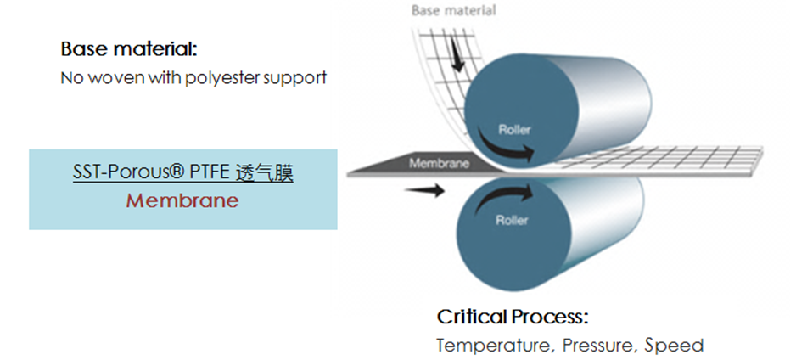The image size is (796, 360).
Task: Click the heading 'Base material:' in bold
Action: pyautogui.click(x=128, y=50)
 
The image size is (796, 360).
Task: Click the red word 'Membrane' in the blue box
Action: pyautogui.click(x=182, y=200)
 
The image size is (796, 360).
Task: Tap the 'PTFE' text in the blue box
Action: pyautogui.click(x=211, y=173)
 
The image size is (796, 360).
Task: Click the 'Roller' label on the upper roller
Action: pyautogui.click(x=514, y=129)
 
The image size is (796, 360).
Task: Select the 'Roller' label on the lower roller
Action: pyautogui.click(x=512, y=221)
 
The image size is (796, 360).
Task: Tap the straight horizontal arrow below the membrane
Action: pyautogui.click(x=424, y=190)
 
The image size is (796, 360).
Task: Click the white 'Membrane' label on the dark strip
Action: pyautogui.click(x=440, y=164)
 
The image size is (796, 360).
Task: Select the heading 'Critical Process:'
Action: pyautogui.click(x=513, y=318)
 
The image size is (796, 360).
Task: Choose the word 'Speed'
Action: pyautogui.click(x=674, y=346)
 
